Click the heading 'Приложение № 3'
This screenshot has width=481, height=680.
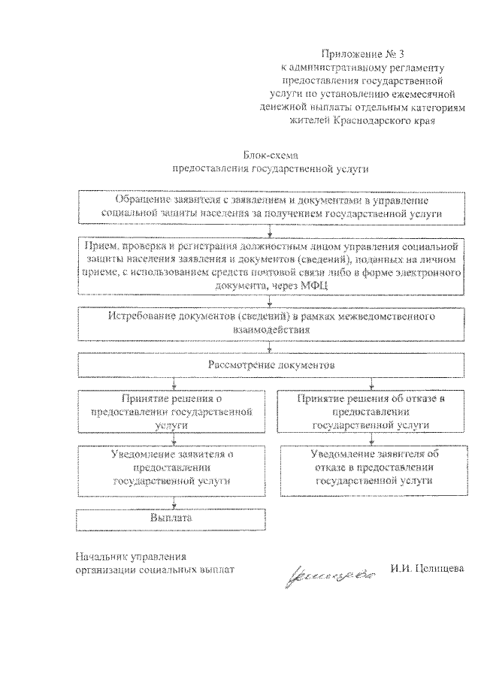pyautogui.click(x=358, y=53)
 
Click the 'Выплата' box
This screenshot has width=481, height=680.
pyautogui.click(x=172, y=519)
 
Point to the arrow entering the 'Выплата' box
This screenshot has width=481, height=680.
pyautogui.click(x=175, y=504)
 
